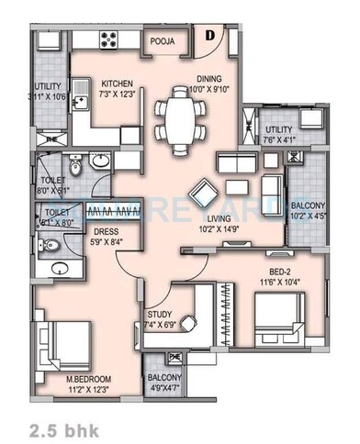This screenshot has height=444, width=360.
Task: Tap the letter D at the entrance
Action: (209, 36)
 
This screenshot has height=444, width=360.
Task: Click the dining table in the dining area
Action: (180, 117)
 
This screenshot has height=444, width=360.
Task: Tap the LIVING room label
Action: (218, 219)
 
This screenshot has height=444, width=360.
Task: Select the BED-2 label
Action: (283, 272)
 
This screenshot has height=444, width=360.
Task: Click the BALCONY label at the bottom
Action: (164, 377)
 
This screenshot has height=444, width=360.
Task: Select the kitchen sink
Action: (81, 94)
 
